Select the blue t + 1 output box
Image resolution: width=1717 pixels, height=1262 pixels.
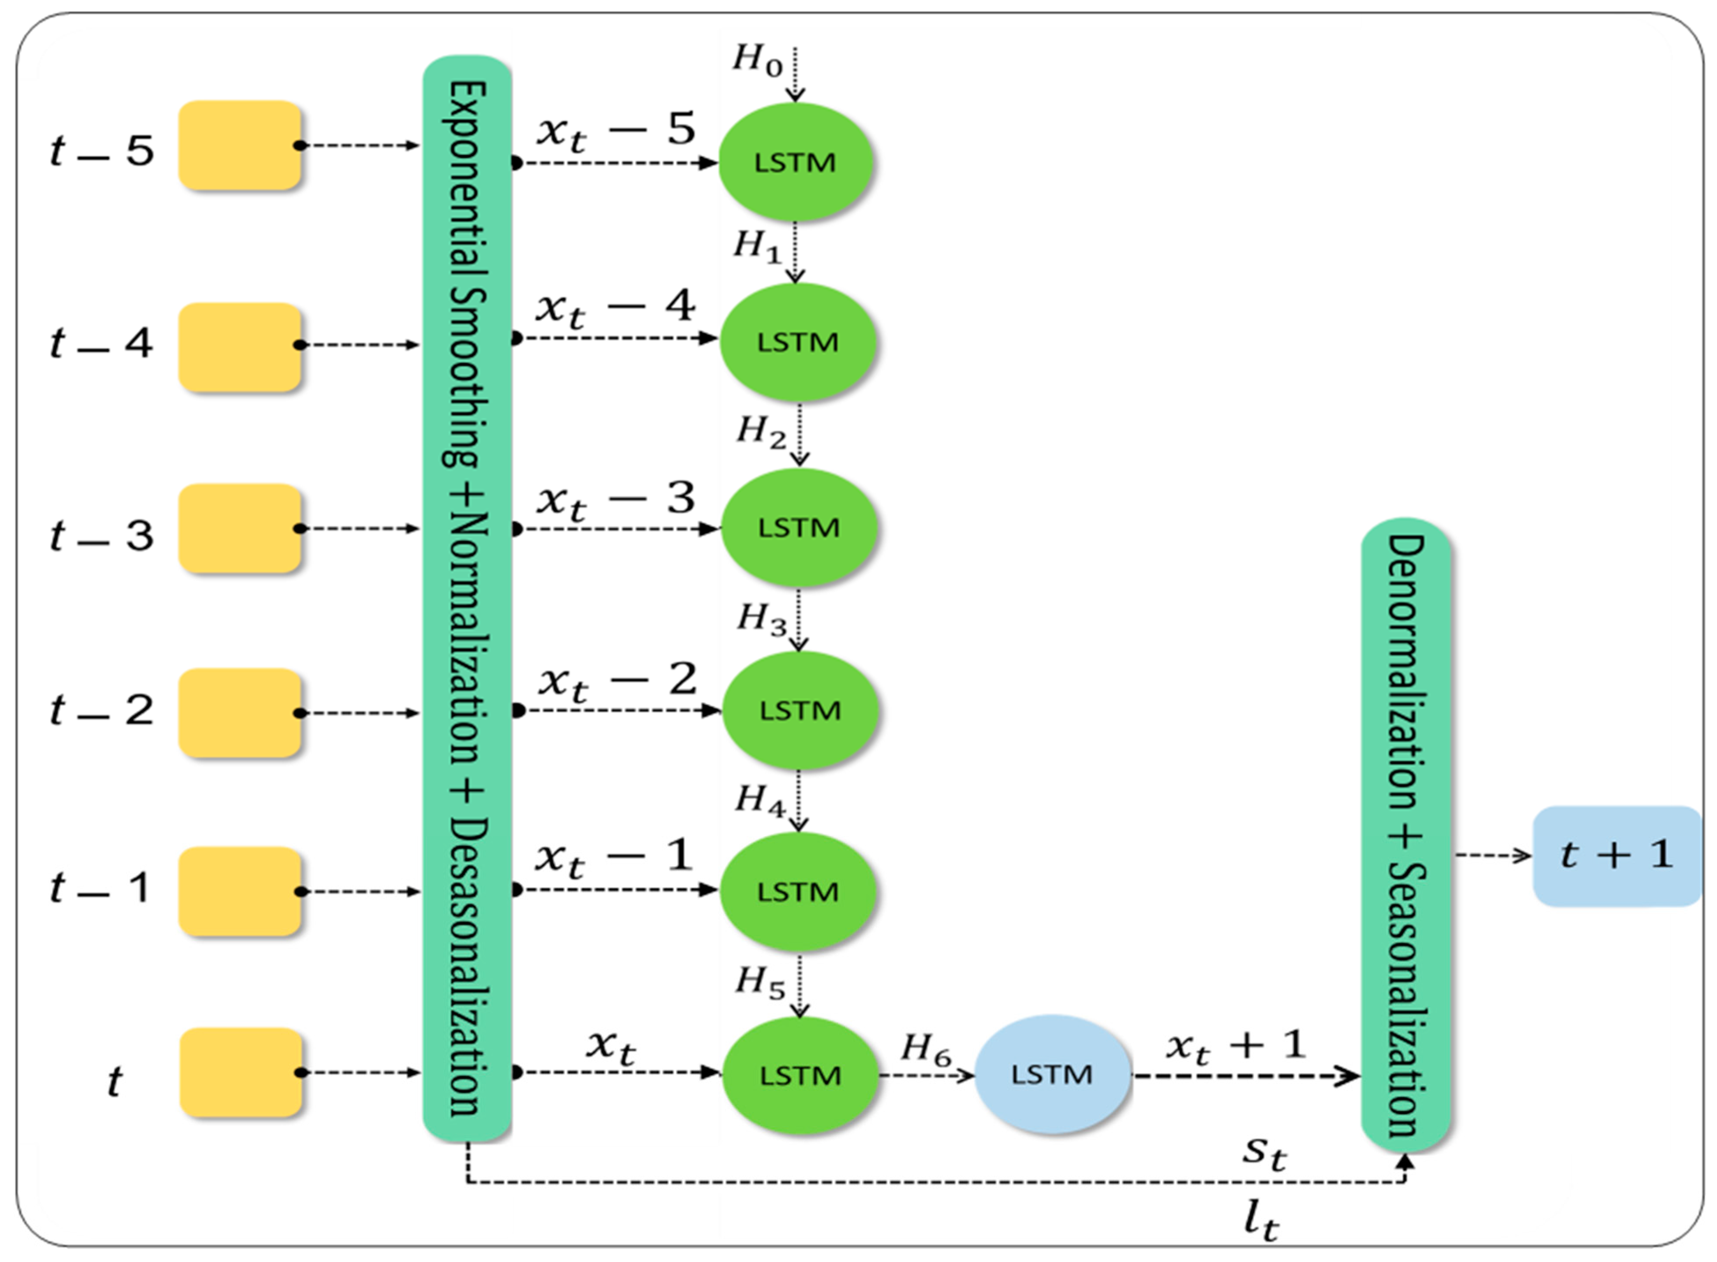coord(1616,856)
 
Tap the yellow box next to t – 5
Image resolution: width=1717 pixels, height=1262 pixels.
coord(240,145)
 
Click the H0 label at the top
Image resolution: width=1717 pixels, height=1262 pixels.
coord(757,60)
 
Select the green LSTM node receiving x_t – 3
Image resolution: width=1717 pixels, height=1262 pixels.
coord(798,527)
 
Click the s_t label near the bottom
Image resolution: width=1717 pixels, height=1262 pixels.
coord(1264,1152)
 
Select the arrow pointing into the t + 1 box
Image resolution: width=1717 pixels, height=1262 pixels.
coord(1493,856)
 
